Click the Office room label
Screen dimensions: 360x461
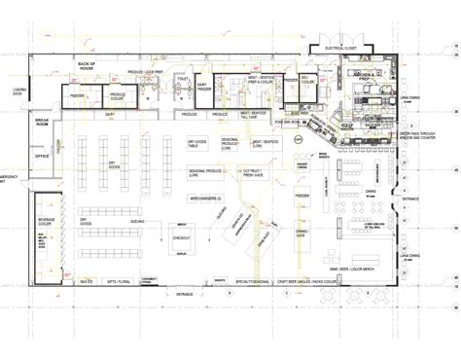(42, 155)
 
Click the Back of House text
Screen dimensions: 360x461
(91, 64)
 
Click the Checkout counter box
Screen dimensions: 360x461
(182, 237)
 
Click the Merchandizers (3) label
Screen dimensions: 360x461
(205, 198)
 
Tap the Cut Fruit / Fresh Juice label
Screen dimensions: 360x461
(255, 174)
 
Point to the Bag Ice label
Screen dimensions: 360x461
(87, 280)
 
